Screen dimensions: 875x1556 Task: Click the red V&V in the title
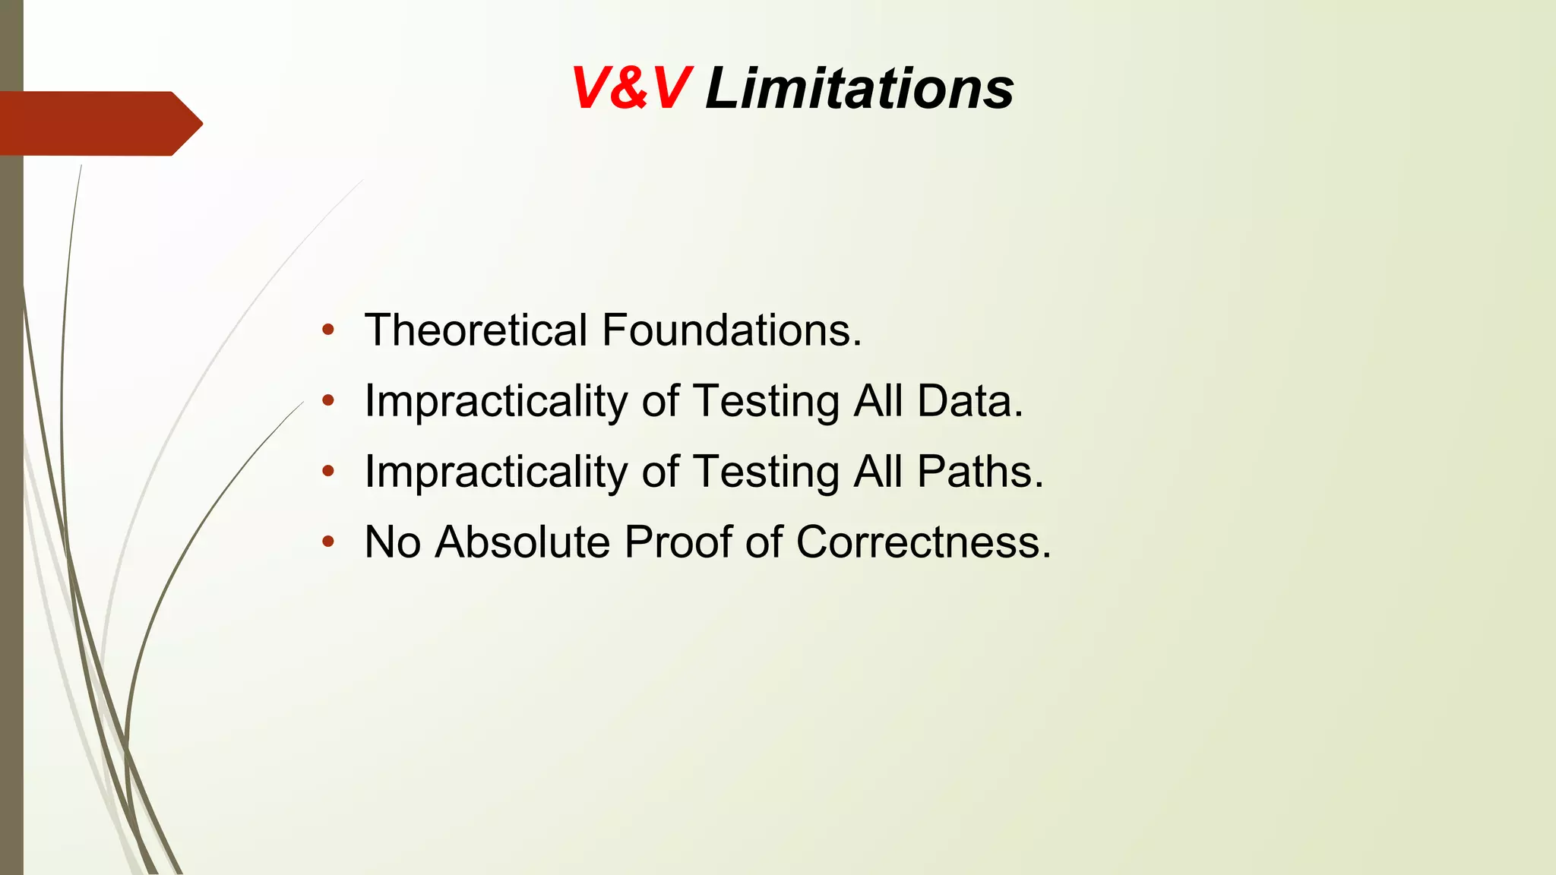point(631,89)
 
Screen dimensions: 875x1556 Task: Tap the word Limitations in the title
point(859,89)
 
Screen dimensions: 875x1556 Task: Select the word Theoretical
point(476,330)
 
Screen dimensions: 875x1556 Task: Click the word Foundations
point(732,330)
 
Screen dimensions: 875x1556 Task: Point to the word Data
point(970,401)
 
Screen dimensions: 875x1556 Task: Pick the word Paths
point(980,472)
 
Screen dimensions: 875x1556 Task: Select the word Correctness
point(923,542)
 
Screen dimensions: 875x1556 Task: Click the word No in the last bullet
point(392,542)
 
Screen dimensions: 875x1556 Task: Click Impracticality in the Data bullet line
point(496,401)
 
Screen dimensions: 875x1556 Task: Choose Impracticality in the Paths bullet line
point(496,472)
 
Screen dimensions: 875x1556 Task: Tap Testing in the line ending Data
point(766,401)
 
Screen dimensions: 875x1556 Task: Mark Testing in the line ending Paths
point(766,472)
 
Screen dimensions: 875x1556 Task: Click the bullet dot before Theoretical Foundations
point(328,330)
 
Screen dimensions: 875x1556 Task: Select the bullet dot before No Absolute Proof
point(328,542)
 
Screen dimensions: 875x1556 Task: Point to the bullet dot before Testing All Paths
point(328,472)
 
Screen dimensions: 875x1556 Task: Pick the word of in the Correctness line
point(763,542)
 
